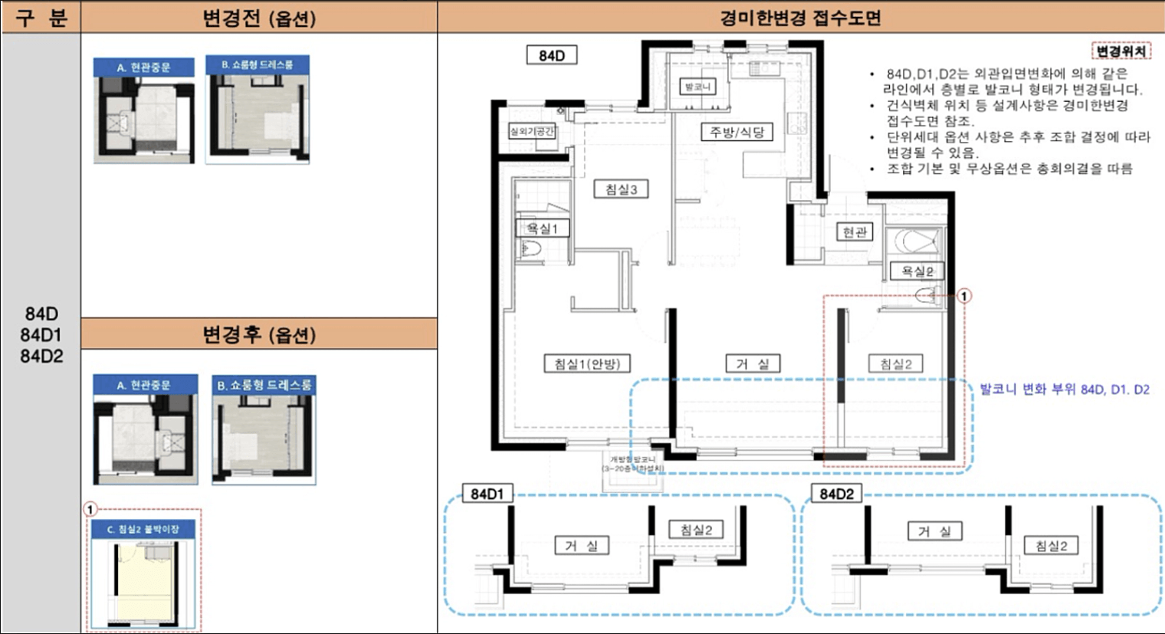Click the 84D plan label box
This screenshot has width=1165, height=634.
[552, 55]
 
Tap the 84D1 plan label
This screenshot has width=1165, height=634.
[487, 494]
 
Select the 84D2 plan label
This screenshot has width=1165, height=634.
[836, 494]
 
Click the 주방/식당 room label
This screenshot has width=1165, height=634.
[737, 132]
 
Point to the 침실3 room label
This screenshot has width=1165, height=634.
[622, 189]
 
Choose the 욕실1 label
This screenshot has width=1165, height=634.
[542, 228]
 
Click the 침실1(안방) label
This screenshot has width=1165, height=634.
[587, 363]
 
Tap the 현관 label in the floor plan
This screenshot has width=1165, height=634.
[854, 232]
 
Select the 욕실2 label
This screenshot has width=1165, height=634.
[917, 271]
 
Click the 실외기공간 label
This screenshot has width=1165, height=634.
[533, 131]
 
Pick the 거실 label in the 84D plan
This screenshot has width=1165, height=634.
[753, 363]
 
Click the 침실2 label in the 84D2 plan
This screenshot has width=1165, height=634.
[1052, 545]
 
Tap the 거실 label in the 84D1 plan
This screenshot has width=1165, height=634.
[581, 545]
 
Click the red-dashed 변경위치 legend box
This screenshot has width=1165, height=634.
[1121, 51]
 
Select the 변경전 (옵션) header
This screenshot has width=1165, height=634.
[259, 18]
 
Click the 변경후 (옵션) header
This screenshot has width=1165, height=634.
[259, 335]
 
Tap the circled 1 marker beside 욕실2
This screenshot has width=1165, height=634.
[965, 296]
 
